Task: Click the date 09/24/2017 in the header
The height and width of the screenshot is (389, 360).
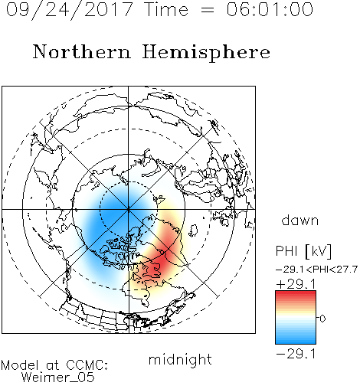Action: pyautogui.click(x=70, y=9)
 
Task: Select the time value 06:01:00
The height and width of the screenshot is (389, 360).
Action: pyautogui.click(x=270, y=9)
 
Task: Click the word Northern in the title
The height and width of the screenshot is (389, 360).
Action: pyautogui.click(x=82, y=51)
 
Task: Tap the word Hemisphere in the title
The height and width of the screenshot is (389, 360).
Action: pyautogui.click(x=206, y=53)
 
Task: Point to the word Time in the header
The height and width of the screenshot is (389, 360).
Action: pyautogui.click(x=166, y=9)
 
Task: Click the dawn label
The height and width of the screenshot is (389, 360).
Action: pyautogui.click(x=300, y=220)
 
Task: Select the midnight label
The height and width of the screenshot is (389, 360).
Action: pyautogui.click(x=180, y=359)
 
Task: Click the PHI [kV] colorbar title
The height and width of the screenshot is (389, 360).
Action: pyautogui.click(x=304, y=250)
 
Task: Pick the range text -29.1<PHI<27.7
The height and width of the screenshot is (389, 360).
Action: pyautogui.click(x=316, y=270)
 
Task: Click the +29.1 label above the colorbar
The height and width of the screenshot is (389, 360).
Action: pyautogui.click(x=296, y=284)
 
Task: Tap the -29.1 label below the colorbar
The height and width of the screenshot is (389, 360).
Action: pyautogui.click(x=296, y=354)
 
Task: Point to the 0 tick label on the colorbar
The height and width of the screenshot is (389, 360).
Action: pyautogui.click(x=322, y=319)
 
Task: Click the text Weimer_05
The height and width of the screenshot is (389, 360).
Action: pyautogui.click(x=57, y=377)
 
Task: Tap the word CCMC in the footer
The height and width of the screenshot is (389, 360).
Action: pyautogui.click(x=86, y=365)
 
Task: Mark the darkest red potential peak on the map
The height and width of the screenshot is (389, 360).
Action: pyautogui.click(x=158, y=266)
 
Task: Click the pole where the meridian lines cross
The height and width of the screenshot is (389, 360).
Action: pyautogui.click(x=129, y=209)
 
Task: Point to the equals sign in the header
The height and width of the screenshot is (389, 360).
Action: pyautogui.click(x=208, y=10)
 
